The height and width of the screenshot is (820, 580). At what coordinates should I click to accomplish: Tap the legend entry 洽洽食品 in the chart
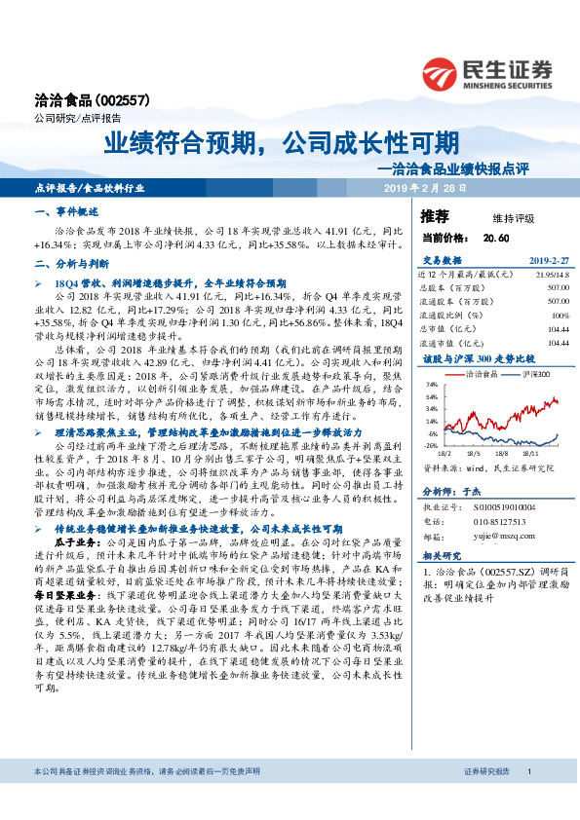(x=478, y=374)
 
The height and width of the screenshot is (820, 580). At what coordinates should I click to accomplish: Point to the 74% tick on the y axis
(x=430, y=385)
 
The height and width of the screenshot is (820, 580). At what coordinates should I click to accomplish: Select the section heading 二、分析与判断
(x=70, y=264)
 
